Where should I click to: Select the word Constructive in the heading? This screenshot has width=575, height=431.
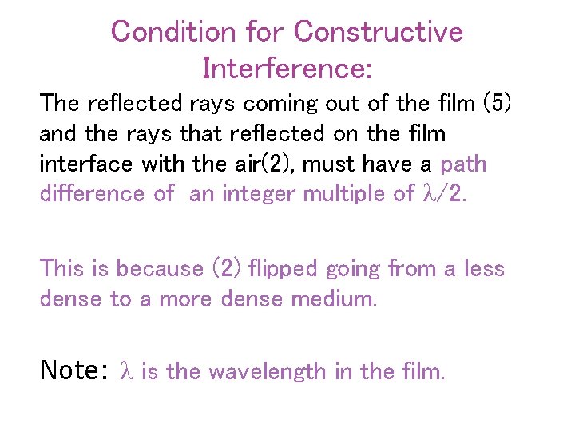pos(378,32)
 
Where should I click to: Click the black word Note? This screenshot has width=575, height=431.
pos(73,370)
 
